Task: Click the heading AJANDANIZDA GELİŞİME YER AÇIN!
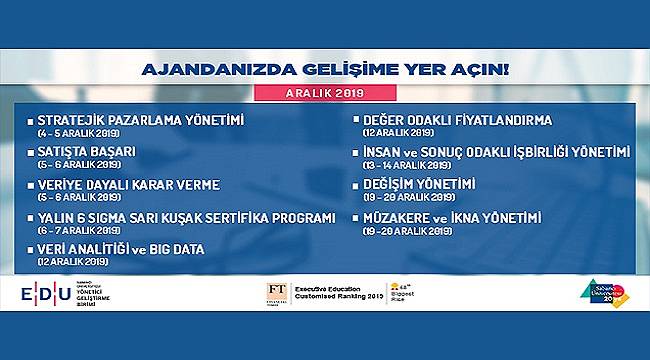pos(325,71)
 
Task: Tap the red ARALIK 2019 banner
pos(325,93)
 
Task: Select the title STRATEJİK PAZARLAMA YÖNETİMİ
pos(140,120)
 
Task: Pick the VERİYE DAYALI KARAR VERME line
pos(129,185)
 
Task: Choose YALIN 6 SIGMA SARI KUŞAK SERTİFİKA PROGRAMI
pos(186,218)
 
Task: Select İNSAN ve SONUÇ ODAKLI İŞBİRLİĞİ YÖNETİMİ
pos(497,152)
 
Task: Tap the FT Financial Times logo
pos(276,292)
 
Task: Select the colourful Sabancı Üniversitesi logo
pos(601,292)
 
